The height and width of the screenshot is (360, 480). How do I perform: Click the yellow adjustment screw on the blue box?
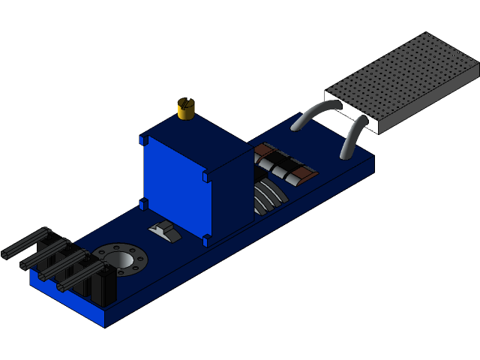[x=187, y=109]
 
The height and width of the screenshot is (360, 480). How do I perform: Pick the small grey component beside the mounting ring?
[x=165, y=232]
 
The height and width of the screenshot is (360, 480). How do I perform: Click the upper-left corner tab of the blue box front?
[x=143, y=140]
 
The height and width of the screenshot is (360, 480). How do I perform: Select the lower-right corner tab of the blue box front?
[x=206, y=240]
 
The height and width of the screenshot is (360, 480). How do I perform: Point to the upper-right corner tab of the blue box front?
[x=206, y=177]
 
